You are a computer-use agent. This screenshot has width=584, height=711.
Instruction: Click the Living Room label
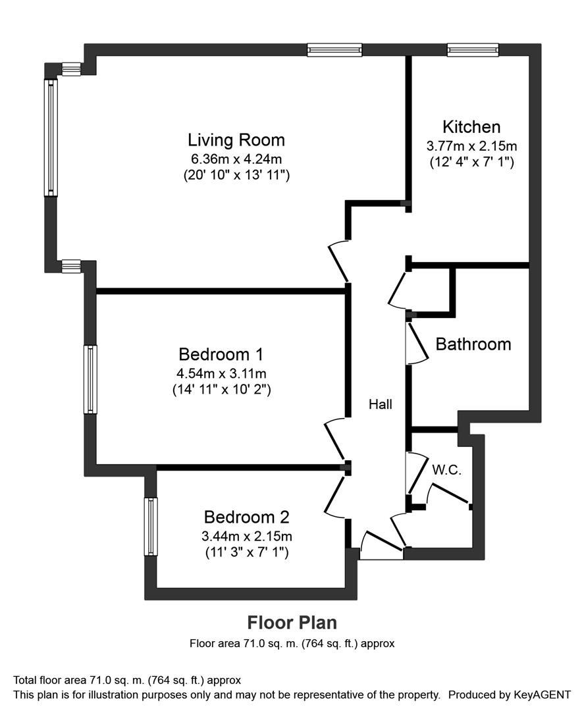coord(236,140)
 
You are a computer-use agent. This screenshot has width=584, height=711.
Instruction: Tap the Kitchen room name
coord(471,126)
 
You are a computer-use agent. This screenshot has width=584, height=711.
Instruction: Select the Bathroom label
coord(473,344)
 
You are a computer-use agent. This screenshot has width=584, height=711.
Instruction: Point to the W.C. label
coord(446,470)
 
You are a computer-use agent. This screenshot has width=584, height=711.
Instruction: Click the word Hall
coord(381,404)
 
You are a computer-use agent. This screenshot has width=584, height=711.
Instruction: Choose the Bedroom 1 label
coord(221,354)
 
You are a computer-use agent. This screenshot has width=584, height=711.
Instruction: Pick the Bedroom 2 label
coord(247,517)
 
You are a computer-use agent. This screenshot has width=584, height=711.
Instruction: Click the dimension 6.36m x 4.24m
coord(236,159)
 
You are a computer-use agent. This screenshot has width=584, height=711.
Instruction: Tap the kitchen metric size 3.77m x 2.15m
coord(471,146)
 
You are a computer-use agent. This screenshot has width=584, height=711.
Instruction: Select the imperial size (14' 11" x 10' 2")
coord(222,390)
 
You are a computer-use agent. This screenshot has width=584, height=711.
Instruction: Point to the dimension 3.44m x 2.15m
coord(247,537)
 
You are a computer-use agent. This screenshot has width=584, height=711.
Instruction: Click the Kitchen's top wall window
coord(473,50)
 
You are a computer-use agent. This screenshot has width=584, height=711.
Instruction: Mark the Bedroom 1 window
coord(91,380)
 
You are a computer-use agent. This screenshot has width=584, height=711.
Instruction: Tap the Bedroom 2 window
coord(151,527)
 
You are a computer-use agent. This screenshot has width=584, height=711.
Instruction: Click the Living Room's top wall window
coord(334,50)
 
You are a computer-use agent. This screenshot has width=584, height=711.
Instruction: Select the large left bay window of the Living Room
coord(51,138)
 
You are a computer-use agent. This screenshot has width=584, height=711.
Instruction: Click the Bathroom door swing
coord(416,343)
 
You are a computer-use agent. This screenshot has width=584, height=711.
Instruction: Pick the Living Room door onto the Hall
coord(338,262)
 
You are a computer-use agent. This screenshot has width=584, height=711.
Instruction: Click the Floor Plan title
coord(292,623)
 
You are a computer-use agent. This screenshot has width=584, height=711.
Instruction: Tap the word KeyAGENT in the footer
coord(542,695)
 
